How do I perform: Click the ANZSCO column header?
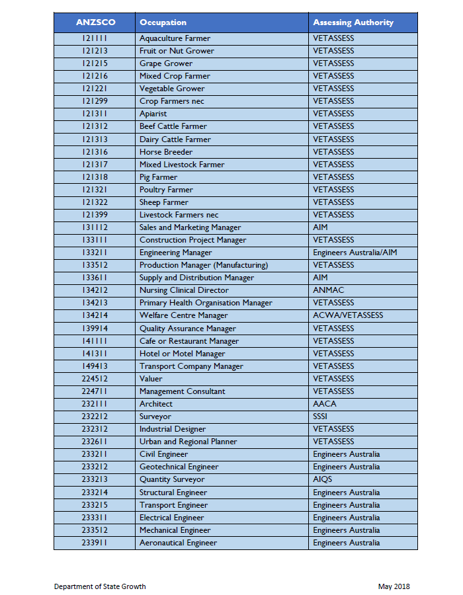tap(95, 22)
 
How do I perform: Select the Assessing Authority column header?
tap(353, 22)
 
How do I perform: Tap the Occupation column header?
tap(163, 22)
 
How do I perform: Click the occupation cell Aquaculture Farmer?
tap(175, 38)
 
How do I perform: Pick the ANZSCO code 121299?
tap(95, 101)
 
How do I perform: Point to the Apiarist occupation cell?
tap(153, 114)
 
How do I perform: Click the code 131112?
tap(95, 227)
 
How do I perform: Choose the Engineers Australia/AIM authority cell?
tap(355, 253)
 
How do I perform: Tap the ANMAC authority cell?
tap(329, 290)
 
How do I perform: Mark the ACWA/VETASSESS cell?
tap(348, 315)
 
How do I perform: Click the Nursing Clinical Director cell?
tap(184, 290)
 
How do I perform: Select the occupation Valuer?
tap(151, 379)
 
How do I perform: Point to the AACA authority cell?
tap(325, 404)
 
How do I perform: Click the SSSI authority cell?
tap(320, 416)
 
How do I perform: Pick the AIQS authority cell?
tap(323, 479)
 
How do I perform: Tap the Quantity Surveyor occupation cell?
tap(172, 479)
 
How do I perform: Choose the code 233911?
tap(95, 543)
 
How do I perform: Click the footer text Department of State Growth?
tap(100, 586)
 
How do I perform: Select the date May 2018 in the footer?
tap(394, 586)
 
